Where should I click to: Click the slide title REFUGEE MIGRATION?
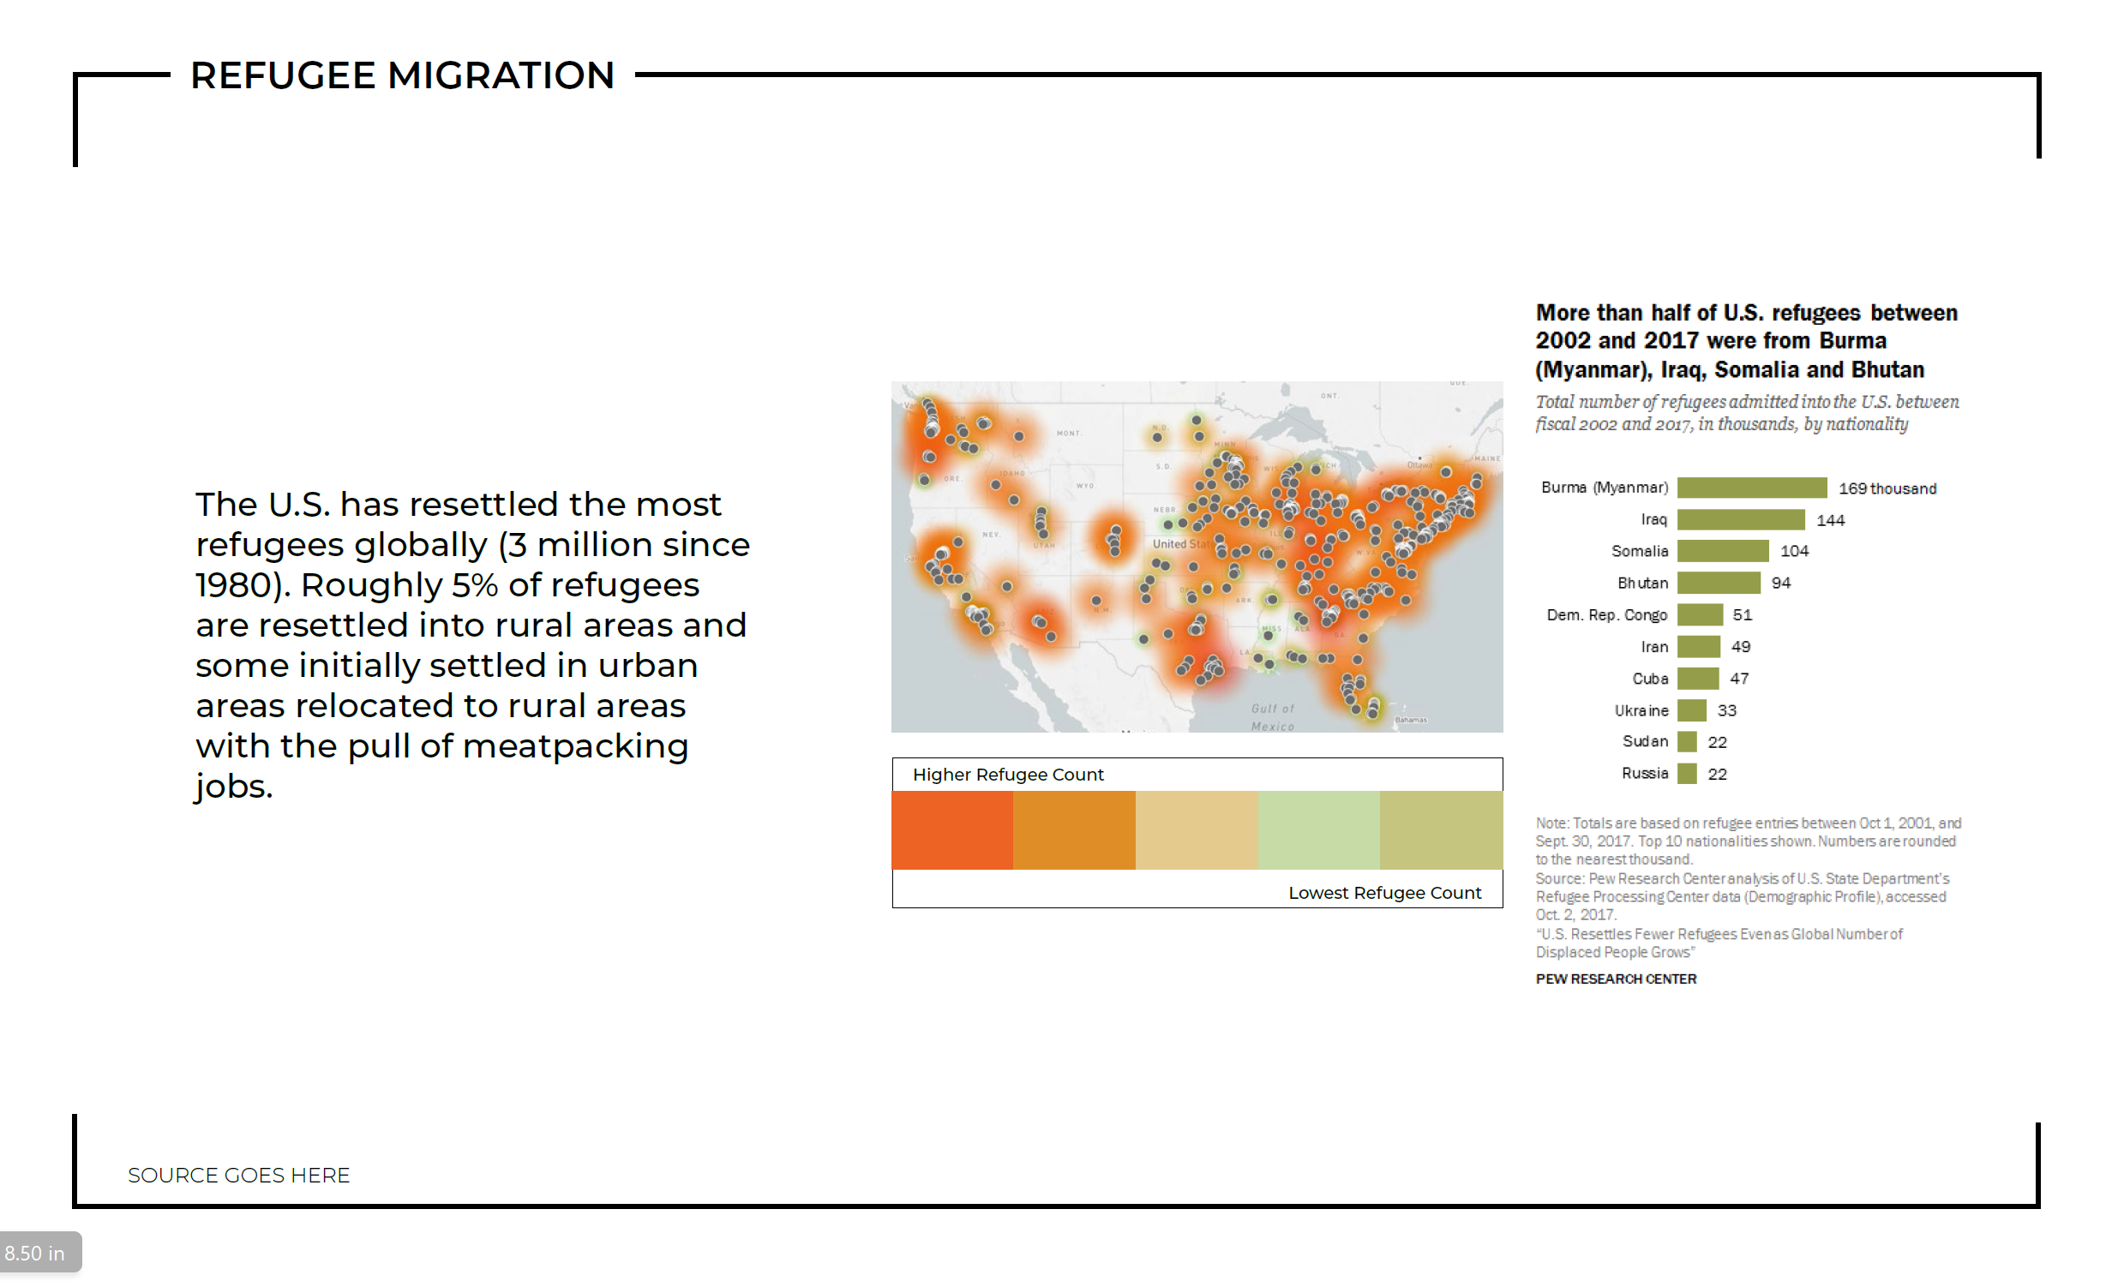(x=402, y=75)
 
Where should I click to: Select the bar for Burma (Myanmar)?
(x=1751, y=488)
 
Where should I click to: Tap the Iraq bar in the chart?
(x=1740, y=519)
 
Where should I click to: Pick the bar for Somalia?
(x=1722, y=551)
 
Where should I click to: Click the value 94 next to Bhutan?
(x=1780, y=583)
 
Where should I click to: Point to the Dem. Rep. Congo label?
(x=1606, y=614)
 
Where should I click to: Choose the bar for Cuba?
(x=1697, y=679)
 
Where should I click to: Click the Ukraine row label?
(x=1641, y=710)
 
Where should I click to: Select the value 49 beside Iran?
(x=1740, y=647)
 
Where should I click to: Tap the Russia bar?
(x=1686, y=774)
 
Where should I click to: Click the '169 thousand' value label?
(x=1887, y=488)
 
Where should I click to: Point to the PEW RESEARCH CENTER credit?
(x=1615, y=979)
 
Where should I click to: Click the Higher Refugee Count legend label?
(x=1007, y=775)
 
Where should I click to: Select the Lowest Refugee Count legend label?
(x=1384, y=893)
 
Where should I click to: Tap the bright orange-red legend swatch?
(x=951, y=829)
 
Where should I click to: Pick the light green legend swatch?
(x=1318, y=829)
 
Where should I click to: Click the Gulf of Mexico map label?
(x=1272, y=717)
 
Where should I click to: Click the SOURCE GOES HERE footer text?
(x=238, y=1175)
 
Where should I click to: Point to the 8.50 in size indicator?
(x=35, y=1253)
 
